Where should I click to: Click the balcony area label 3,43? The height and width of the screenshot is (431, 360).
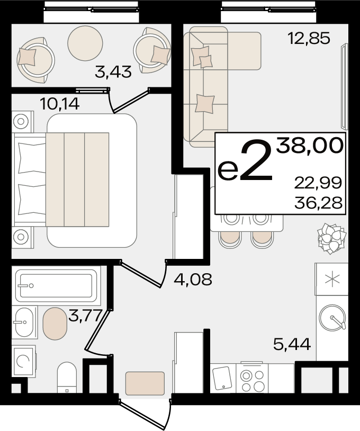[113, 72]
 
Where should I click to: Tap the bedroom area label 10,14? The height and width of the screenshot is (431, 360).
[60, 104]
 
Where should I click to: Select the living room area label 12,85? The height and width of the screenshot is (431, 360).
[309, 38]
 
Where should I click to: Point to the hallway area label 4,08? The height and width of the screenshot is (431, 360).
[193, 279]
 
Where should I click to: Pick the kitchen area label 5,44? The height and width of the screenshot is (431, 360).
[292, 344]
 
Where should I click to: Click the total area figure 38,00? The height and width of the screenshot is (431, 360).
[310, 146]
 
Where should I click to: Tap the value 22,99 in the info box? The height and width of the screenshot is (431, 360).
[318, 183]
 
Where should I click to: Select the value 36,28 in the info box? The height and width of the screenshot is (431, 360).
[318, 203]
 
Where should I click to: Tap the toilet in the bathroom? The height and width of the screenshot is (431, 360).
[67, 377]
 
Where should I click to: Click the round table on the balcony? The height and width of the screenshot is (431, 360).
[85, 43]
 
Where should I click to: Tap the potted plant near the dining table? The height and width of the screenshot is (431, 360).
[331, 238]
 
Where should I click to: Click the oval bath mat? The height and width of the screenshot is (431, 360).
[55, 324]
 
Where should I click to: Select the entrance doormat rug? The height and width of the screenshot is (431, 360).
[145, 383]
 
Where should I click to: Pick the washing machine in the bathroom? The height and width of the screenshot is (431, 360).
[24, 362]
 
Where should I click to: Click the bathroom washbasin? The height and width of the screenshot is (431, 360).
[24, 322]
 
